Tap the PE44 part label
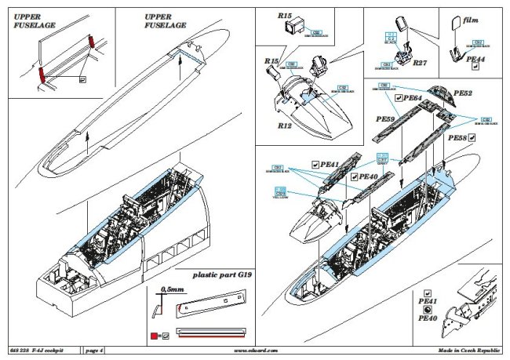476,59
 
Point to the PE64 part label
413,97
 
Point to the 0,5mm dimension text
169,289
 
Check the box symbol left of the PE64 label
399,97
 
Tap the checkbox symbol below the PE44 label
475,68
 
